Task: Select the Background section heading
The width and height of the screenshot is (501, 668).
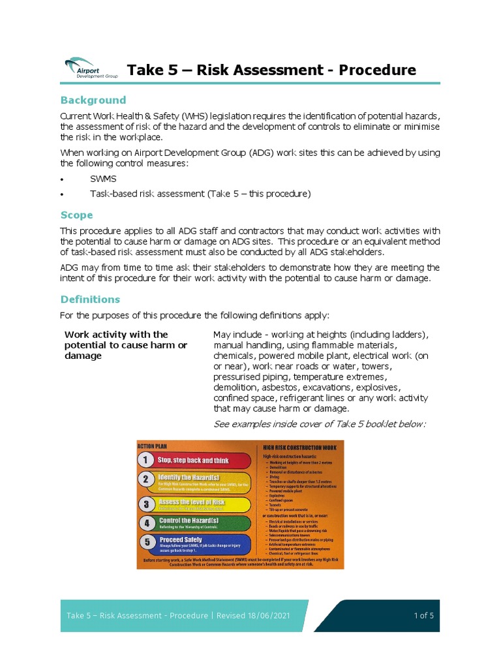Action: click(93, 100)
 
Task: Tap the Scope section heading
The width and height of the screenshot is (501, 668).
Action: click(77, 215)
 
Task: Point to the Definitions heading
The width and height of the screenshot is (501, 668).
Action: click(90, 299)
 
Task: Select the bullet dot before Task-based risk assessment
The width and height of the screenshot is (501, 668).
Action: click(62, 194)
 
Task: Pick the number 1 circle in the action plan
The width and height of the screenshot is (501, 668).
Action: click(145, 461)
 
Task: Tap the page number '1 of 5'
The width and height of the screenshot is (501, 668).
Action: click(423, 616)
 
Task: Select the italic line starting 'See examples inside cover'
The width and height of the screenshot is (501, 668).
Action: click(320, 424)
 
